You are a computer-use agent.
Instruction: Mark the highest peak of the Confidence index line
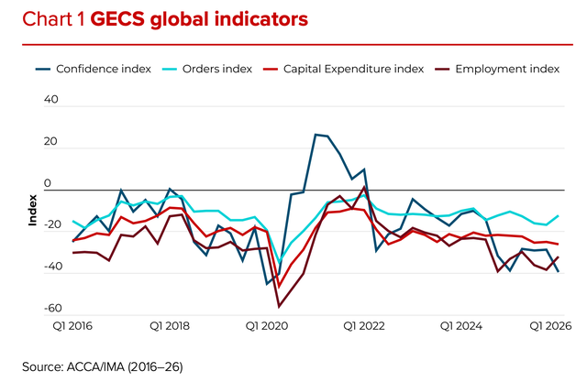[316, 135]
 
